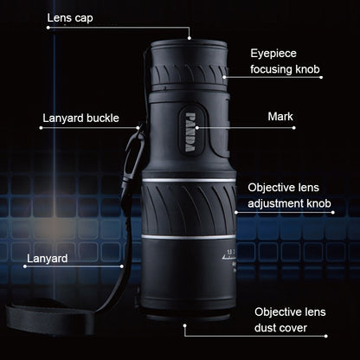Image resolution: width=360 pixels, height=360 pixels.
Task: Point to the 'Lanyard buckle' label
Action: coord(80,118)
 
